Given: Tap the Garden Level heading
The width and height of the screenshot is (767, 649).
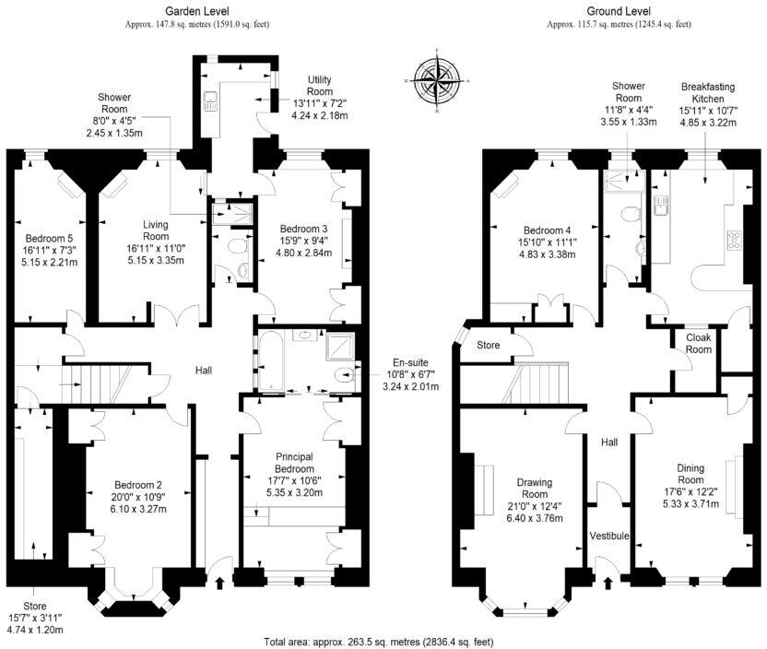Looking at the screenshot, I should [197, 11].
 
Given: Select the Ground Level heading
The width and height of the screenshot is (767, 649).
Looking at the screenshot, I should [619, 11].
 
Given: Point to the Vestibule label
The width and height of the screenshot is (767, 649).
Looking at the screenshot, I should [608, 536].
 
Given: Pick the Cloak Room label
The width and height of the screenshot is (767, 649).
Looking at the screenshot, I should [698, 343].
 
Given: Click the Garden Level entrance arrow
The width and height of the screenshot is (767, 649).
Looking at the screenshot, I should [219, 581].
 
